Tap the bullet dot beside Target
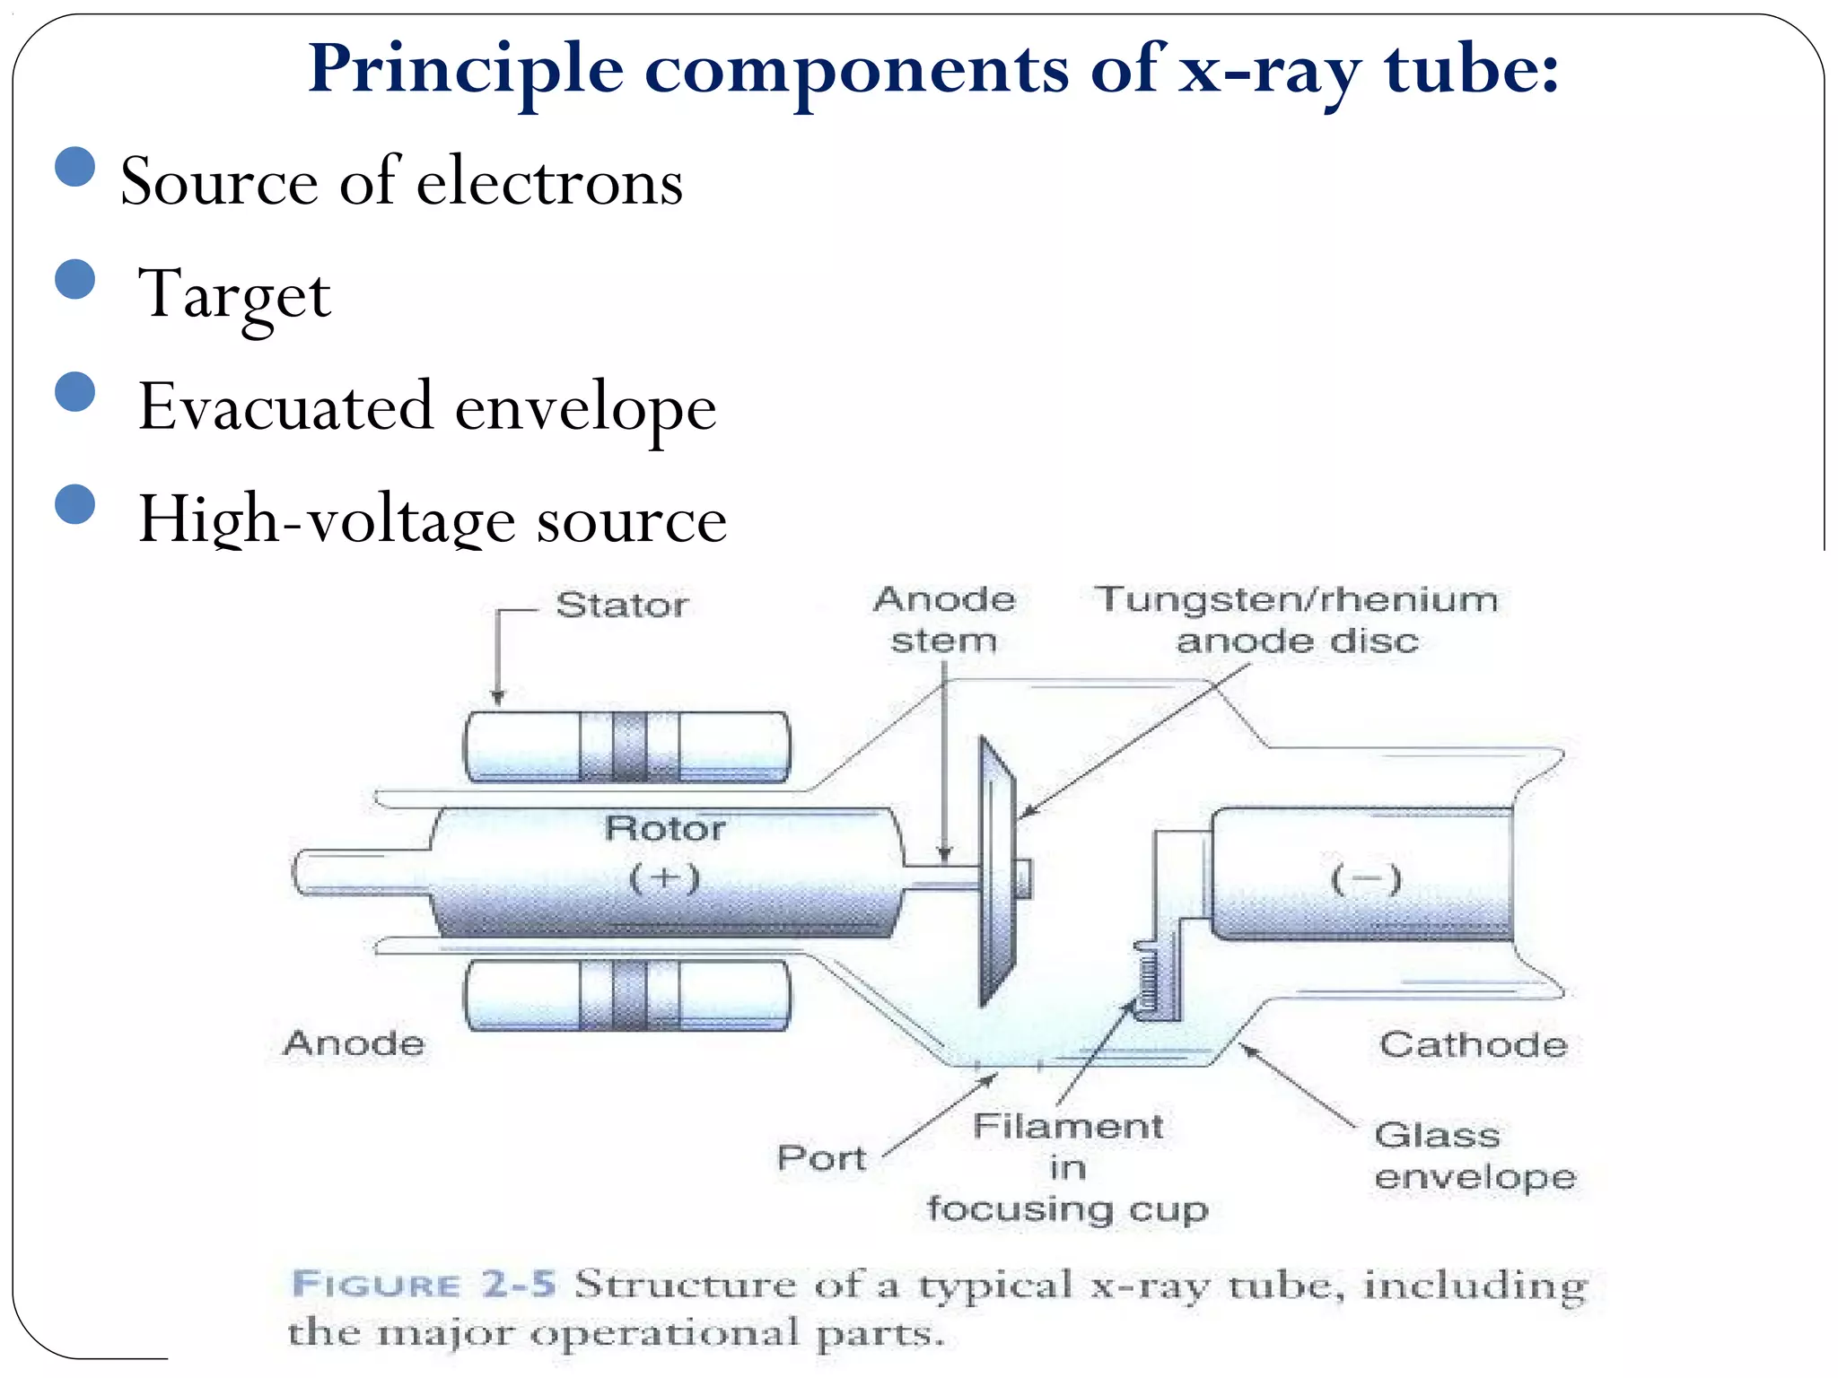click(75, 279)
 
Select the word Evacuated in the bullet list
click(288, 407)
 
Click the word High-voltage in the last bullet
click(327, 520)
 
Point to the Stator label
click(622, 606)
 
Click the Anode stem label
click(944, 620)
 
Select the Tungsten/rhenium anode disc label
click(1297, 620)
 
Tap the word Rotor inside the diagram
click(665, 829)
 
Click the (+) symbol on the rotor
click(664, 877)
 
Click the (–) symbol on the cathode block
click(1365, 879)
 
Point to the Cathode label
click(1473, 1045)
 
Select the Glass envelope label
click(1474, 1156)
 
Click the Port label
click(821, 1158)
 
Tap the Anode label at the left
click(354, 1043)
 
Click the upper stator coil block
click(626, 746)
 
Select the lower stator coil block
click(626, 995)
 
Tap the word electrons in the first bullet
click(549, 182)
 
